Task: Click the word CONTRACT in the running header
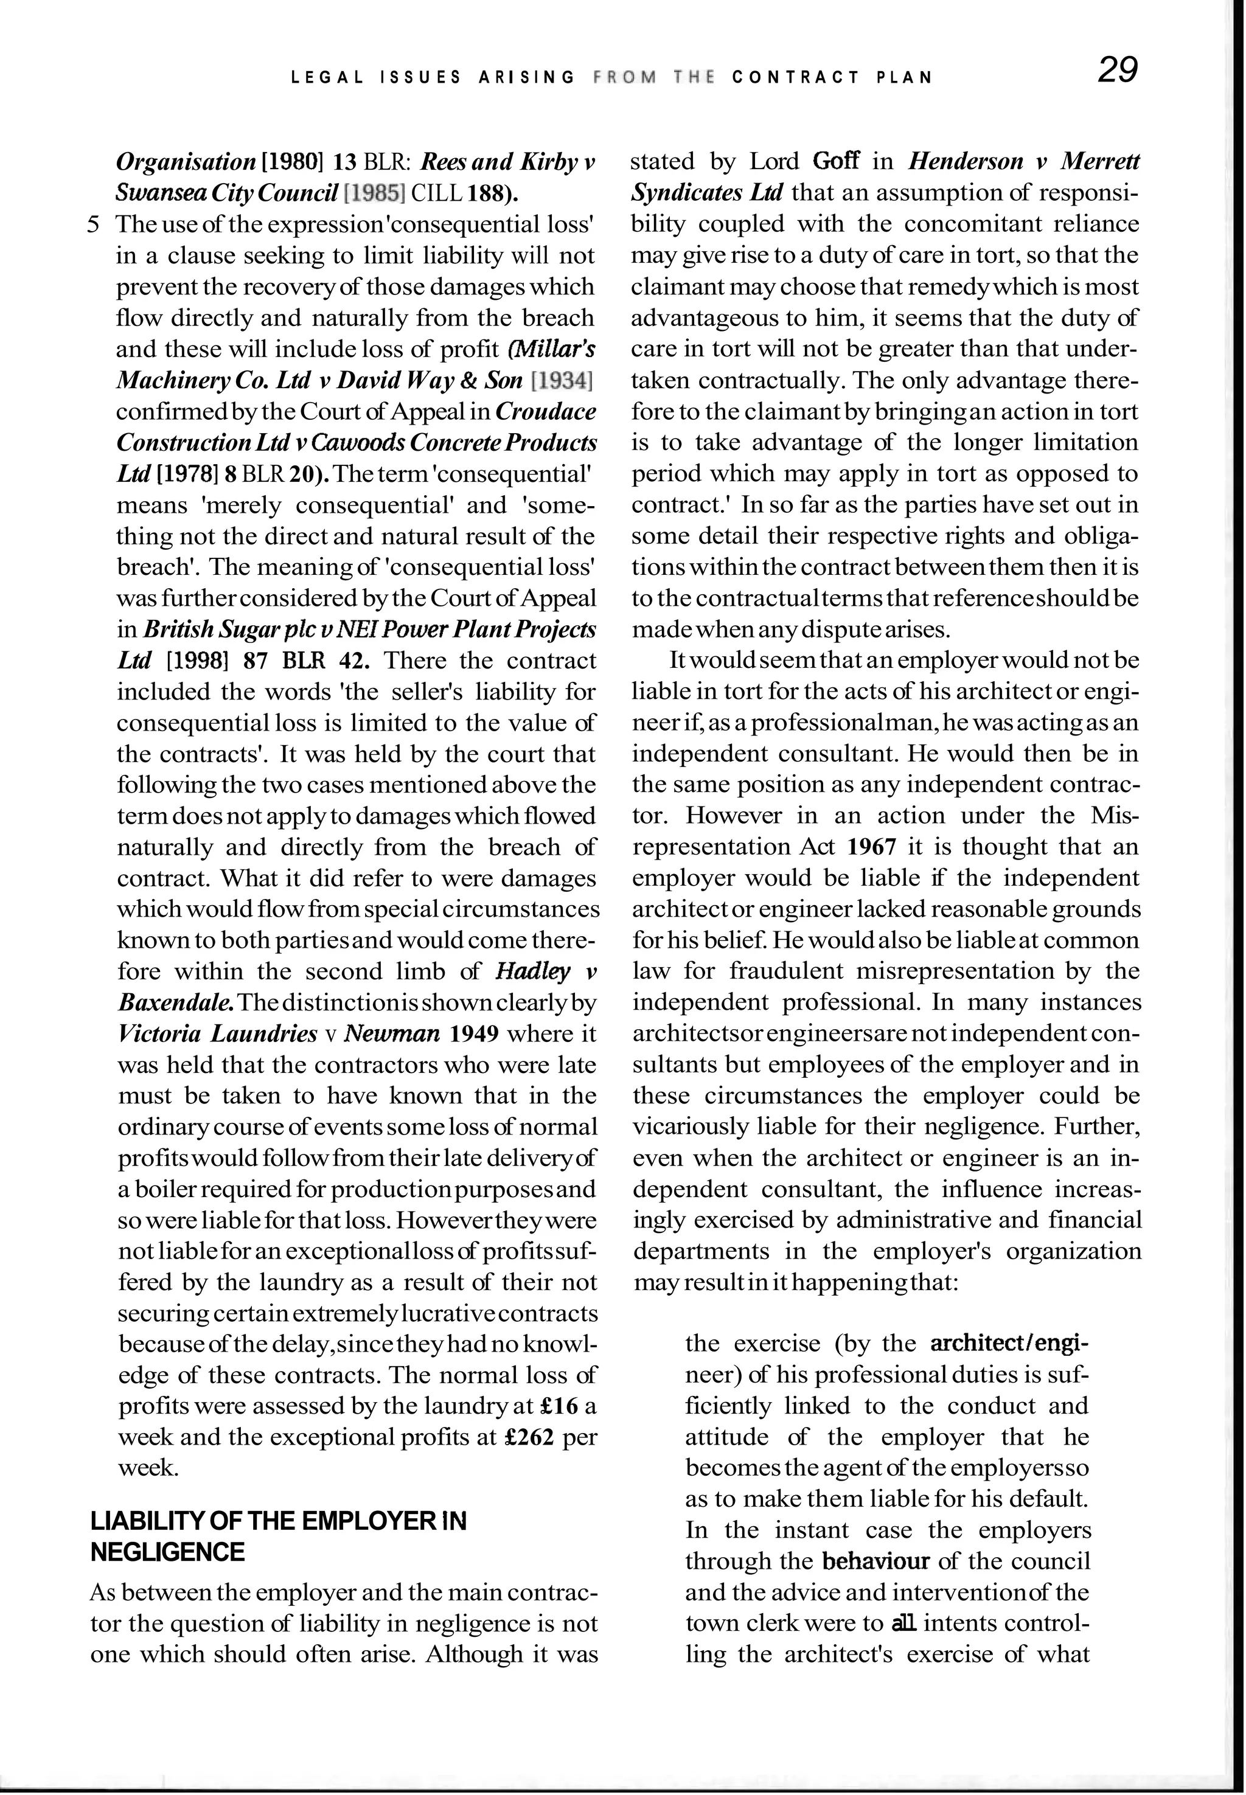pos(796,77)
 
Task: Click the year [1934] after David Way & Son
pos(562,380)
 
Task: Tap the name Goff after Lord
pos(835,162)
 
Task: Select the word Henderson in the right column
pos(966,162)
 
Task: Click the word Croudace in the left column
pos(546,411)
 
